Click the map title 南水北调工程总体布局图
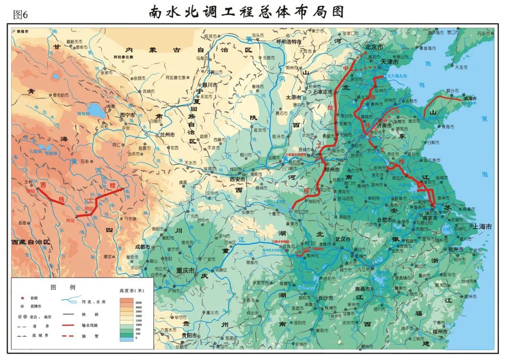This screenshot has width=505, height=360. coord(247,11)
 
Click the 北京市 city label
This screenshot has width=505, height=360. coord(374,47)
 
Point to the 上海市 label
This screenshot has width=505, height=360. coord(482,227)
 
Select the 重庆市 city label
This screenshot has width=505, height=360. coord(185,270)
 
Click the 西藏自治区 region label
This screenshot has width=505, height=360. coord(32,242)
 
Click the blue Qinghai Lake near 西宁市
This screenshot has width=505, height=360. coord(96,111)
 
